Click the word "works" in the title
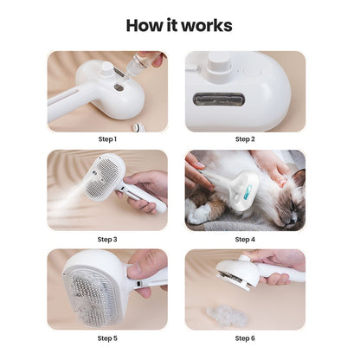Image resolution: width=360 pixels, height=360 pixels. tap(209, 25)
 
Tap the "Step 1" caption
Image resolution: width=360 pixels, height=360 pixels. tap(107, 138)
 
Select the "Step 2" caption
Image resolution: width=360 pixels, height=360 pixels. tap(245, 138)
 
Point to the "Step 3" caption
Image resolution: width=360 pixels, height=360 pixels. tap(107, 239)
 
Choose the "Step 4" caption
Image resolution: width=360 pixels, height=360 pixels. tap(245, 239)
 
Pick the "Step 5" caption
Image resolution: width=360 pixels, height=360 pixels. tap(107, 338)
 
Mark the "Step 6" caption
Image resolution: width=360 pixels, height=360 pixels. tap(245, 338)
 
